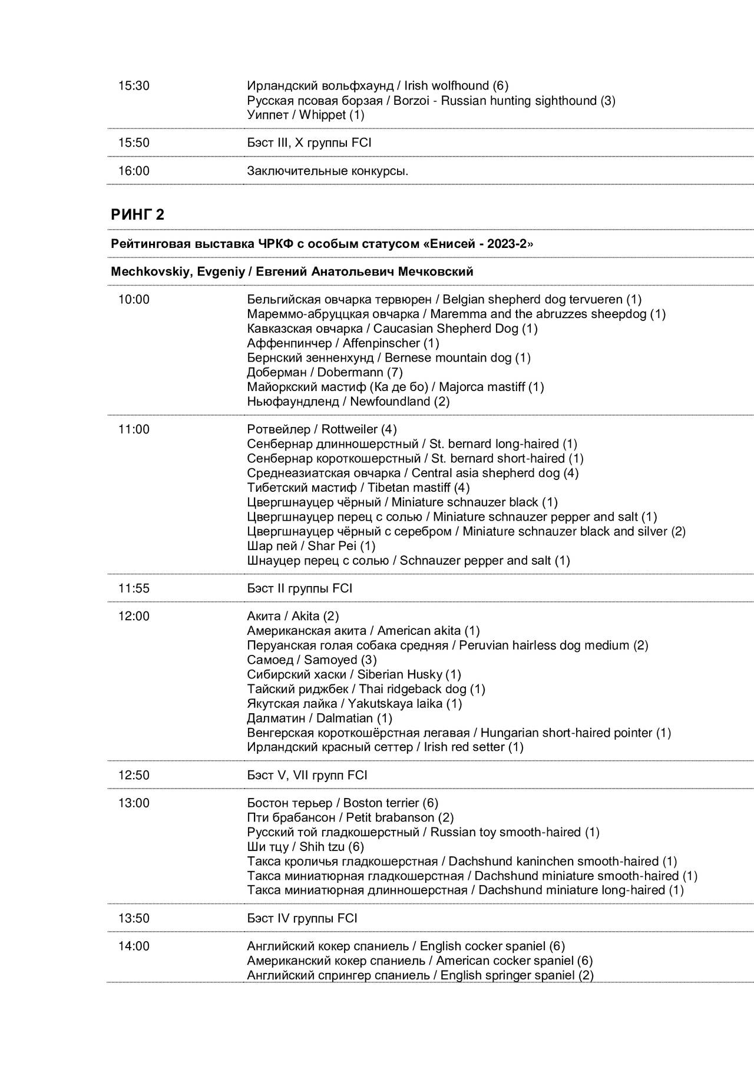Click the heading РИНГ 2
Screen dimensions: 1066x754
click(x=137, y=215)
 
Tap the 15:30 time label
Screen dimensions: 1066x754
click(x=134, y=86)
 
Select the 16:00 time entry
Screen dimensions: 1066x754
click(x=134, y=171)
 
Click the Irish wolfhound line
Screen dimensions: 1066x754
click(x=377, y=86)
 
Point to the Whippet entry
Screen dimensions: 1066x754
click(x=305, y=115)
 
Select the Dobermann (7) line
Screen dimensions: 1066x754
click(x=325, y=372)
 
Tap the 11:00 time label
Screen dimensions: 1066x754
click(x=134, y=429)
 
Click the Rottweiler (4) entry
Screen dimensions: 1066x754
click(x=322, y=429)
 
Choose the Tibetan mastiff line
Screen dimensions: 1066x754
click(x=358, y=488)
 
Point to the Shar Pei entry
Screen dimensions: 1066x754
click(x=311, y=546)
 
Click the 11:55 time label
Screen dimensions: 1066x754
click(x=134, y=588)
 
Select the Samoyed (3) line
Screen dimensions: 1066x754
click(x=312, y=660)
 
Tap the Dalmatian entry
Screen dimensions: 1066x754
click(x=319, y=718)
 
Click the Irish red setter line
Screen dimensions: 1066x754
click(x=385, y=747)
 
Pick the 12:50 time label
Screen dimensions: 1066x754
click(x=134, y=776)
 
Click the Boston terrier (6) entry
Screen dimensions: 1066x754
click(x=342, y=803)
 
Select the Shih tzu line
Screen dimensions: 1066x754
click(x=305, y=847)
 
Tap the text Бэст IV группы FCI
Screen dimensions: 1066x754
click(x=302, y=918)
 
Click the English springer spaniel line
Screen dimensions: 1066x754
click(x=420, y=975)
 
